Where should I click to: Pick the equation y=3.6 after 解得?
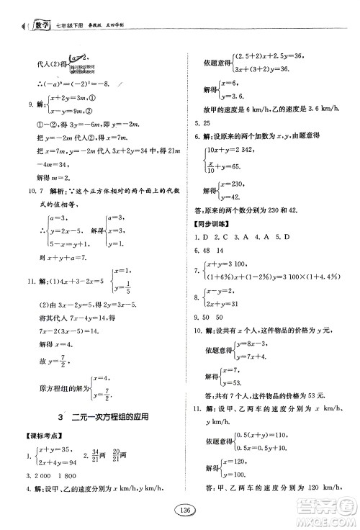(x=229, y=96)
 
